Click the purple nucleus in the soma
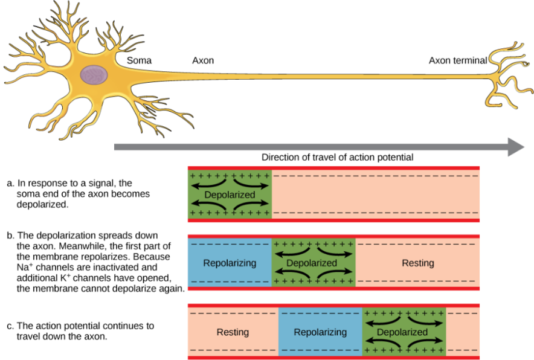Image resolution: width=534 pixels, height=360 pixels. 95,76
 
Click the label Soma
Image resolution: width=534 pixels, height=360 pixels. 139,60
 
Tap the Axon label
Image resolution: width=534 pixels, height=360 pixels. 203,60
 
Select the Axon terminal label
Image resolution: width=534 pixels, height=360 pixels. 458,60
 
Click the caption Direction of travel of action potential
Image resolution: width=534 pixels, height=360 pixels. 337,157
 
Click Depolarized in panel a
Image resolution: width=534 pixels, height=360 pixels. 230,195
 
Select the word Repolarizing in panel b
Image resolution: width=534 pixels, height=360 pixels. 230,263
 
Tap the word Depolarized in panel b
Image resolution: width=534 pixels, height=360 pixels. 312,263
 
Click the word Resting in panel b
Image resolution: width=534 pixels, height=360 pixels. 418,263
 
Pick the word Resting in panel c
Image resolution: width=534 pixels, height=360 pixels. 233,332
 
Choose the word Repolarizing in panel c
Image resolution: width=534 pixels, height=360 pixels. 320,332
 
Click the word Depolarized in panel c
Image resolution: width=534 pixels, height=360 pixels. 402,332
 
